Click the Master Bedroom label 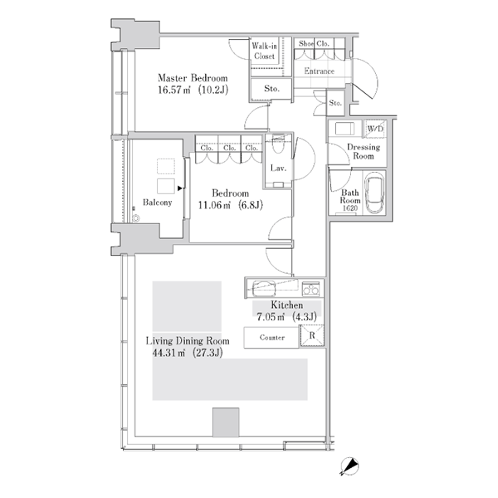click(x=193, y=78)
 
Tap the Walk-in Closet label click(x=264, y=51)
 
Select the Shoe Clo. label click(x=314, y=43)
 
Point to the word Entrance click(x=320, y=71)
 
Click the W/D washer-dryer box click(x=375, y=129)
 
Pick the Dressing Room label click(x=364, y=152)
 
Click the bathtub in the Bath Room click(x=374, y=193)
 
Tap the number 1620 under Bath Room click(x=350, y=208)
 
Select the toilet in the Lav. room click(x=279, y=144)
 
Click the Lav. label click(x=278, y=168)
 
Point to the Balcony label click(x=157, y=203)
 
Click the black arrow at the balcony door click(x=180, y=188)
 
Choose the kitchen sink click(x=264, y=288)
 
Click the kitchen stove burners click(x=310, y=288)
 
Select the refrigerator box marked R click(x=312, y=335)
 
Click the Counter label click(x=272, y=337)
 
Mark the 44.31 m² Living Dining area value click(x=168, y=353)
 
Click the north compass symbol click(x=349, y=466)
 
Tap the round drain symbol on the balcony click(x=136, y=218)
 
